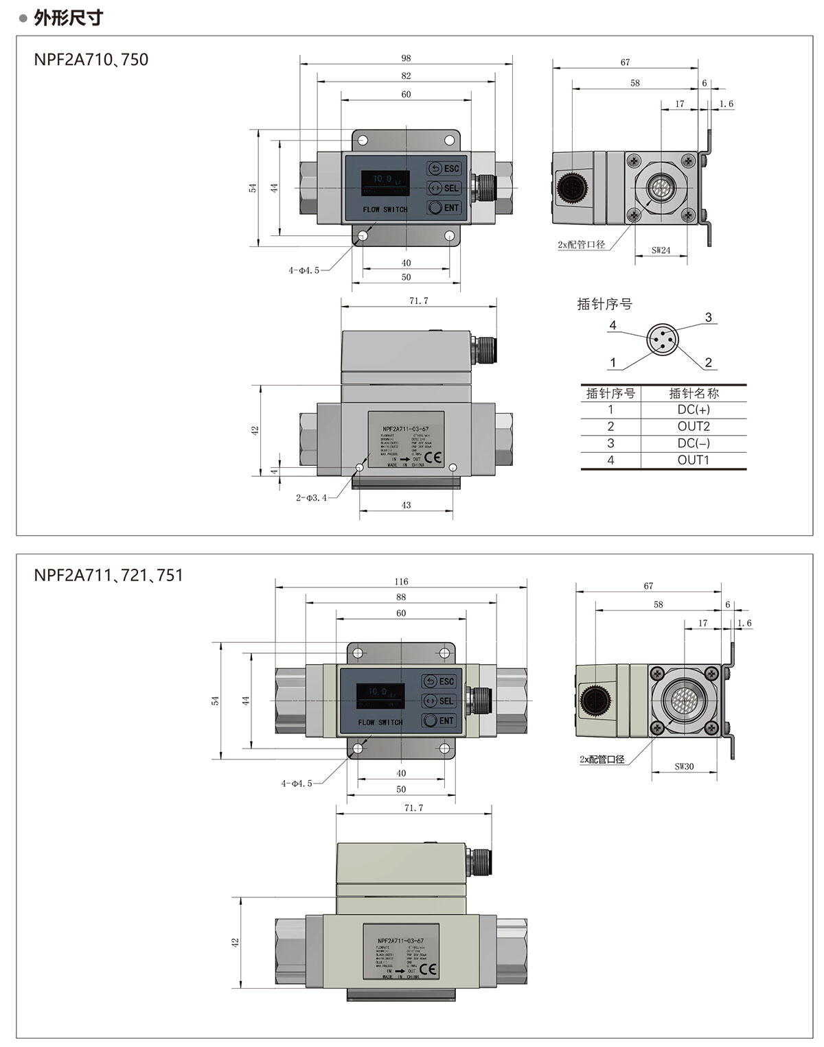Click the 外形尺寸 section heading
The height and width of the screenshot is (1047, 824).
click(x=68, y=17)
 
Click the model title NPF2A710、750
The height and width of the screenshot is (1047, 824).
click(x=91, y=60)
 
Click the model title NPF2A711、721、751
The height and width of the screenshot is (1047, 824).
click(x=108, y=575)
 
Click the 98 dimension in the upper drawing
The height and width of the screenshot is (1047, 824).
click(x=406, y=58)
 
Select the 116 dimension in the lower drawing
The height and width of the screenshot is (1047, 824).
click(x=401, y=581)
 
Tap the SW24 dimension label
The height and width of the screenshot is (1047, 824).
click(x=661, y=250)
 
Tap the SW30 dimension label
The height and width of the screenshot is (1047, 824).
click(x=684, y=766)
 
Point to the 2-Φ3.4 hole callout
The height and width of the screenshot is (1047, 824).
click(x=311, y=497)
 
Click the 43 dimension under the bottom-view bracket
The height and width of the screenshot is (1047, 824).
click(x=406, y=505)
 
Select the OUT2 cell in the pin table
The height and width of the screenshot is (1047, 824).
click(x=694, y=426)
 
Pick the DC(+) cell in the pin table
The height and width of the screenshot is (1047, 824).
click(x=694, y=410)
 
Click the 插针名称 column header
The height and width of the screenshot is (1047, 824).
click(x=694, y=393)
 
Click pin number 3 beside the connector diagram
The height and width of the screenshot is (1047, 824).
click(x=709, y=318)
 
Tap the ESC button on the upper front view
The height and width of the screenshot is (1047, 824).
click(x=444, y=169)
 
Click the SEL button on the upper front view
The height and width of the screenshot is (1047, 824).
click(x=444, y=188)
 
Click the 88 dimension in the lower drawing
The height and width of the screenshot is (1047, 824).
click(x=401, y=598)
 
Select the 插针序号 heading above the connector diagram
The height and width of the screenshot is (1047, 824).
click(x=604, y=304)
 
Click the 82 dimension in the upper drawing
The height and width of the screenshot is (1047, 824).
click(x=406, y=76)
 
